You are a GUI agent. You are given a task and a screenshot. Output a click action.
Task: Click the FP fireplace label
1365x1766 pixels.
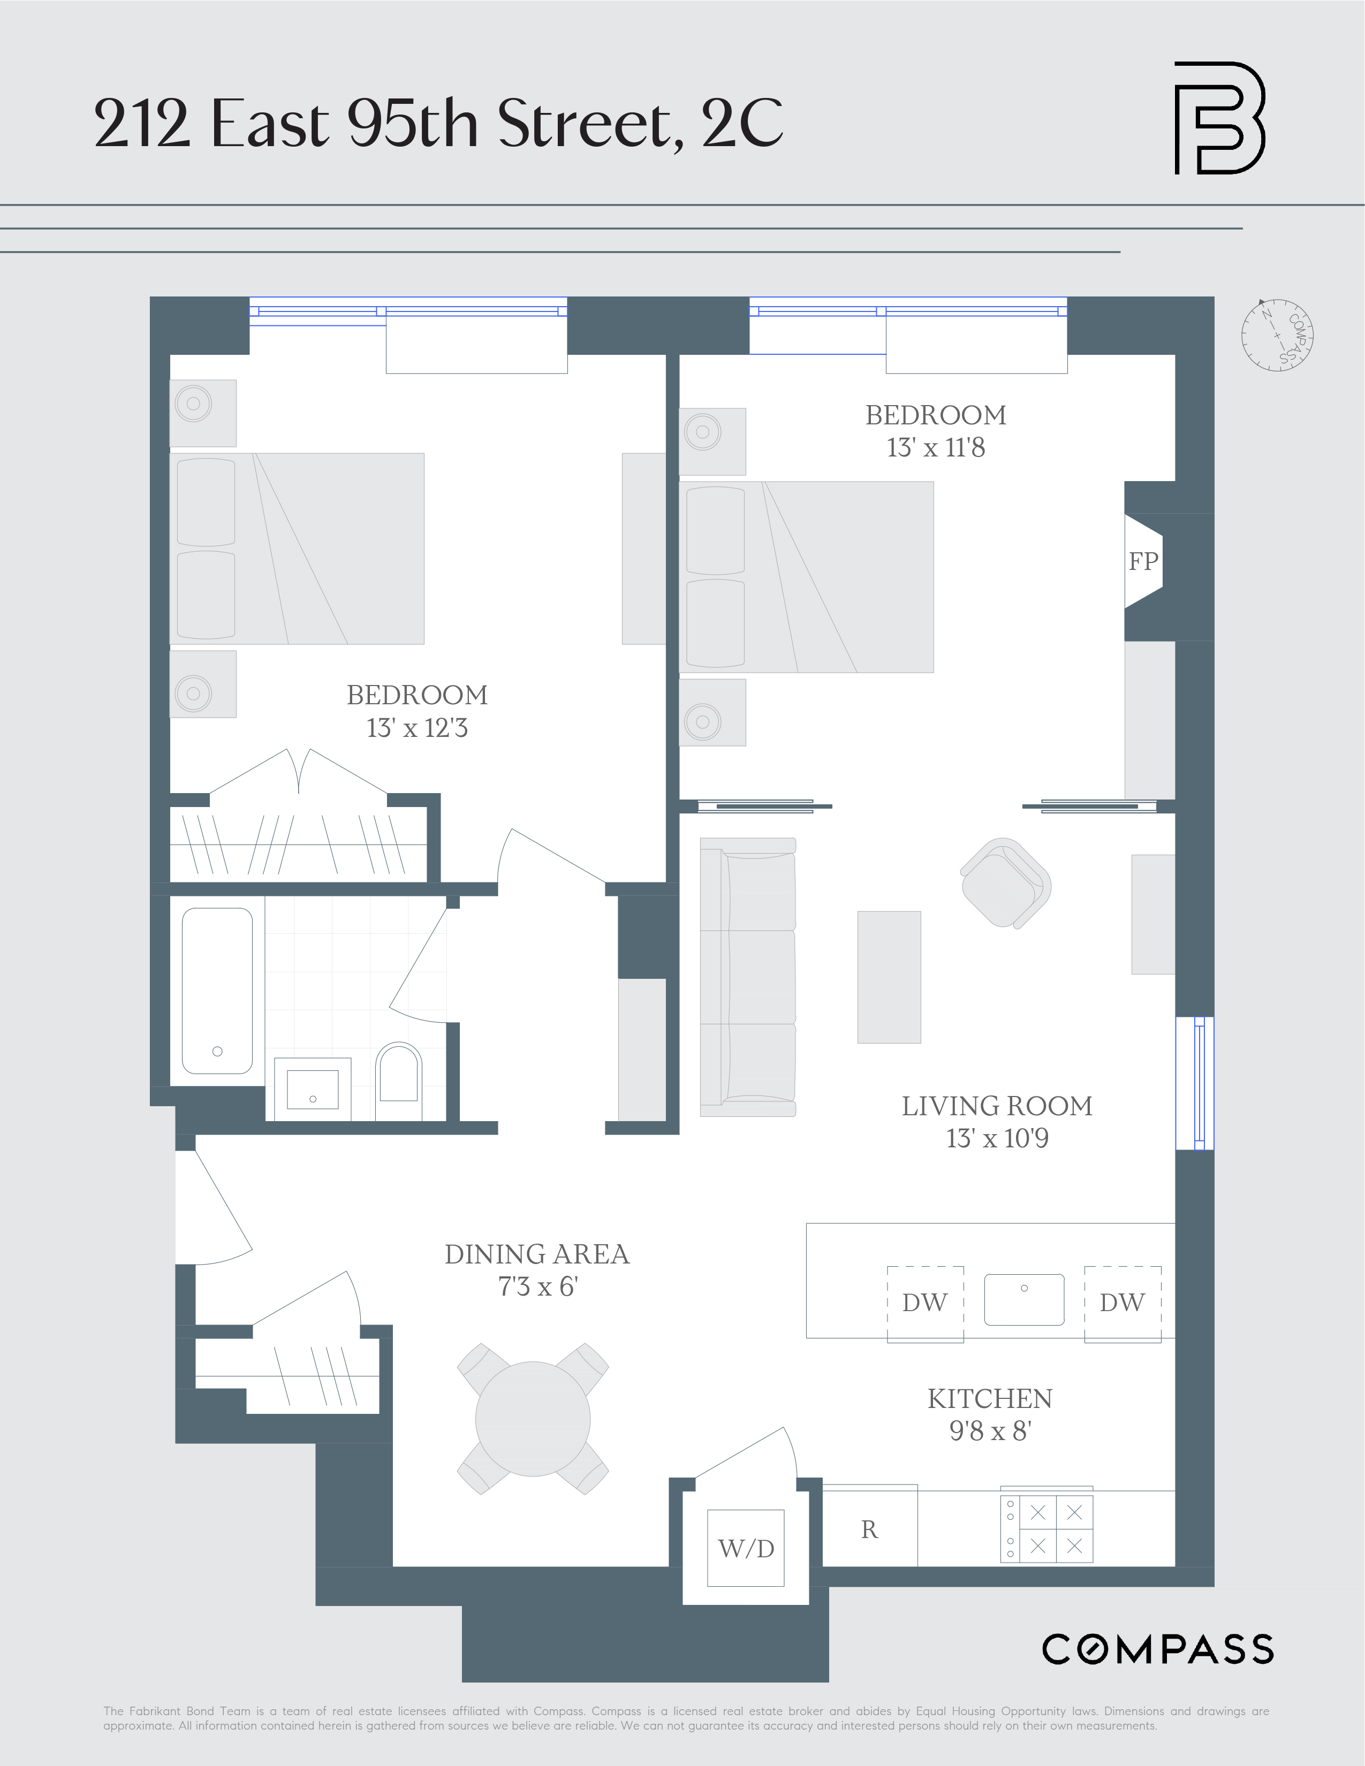click(1143, 561)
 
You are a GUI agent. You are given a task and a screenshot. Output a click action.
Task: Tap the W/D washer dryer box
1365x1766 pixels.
click(746, 1548)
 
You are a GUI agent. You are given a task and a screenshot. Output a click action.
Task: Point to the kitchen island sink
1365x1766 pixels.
click(1023, 1299)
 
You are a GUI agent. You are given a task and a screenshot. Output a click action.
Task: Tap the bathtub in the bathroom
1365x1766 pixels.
click(217, 991)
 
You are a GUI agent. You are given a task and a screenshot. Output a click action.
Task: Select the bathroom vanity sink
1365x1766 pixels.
click(313, 1088)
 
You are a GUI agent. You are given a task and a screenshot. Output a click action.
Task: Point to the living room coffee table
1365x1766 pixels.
click(889, 977)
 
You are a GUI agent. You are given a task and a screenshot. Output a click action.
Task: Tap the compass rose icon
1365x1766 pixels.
click(1277, 335)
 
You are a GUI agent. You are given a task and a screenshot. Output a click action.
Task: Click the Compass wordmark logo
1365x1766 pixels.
click(1157, 1649)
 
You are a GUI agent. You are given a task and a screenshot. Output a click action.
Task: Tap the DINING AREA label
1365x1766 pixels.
click(537, 1254)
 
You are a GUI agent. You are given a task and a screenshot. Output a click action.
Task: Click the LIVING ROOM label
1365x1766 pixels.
click(997, 1106)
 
